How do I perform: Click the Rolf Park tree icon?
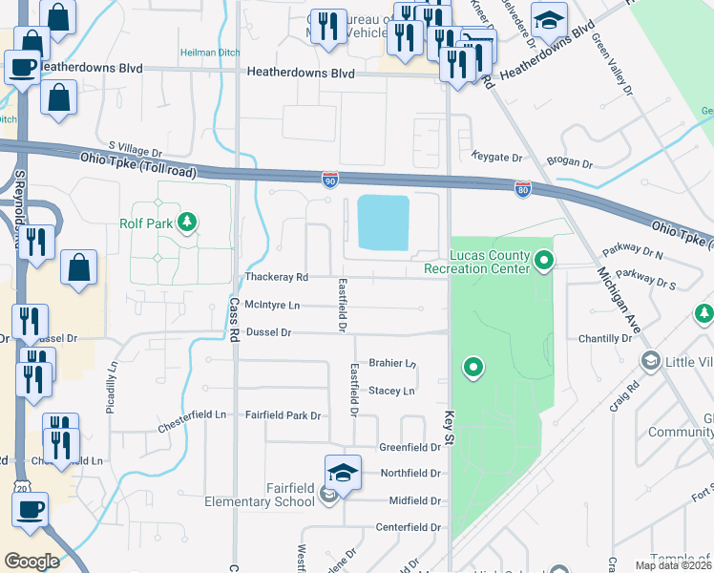point(187,223)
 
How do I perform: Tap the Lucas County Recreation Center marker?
point(544,259)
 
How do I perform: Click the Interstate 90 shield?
point(329,179)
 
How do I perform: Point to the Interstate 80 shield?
point(522,189)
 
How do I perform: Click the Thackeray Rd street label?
point(277,277)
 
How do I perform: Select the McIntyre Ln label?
point(272,305)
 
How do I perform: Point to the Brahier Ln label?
point(392,363)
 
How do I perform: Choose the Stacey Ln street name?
point(391,391)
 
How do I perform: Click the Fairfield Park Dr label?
point(283,415)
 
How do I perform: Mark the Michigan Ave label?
point(615,306)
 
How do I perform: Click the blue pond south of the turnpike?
point(382,222)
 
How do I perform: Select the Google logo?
point(31,561)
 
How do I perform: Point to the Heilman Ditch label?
point(203,52)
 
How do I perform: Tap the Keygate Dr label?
point(497,157)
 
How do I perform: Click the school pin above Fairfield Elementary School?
point(343,473)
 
